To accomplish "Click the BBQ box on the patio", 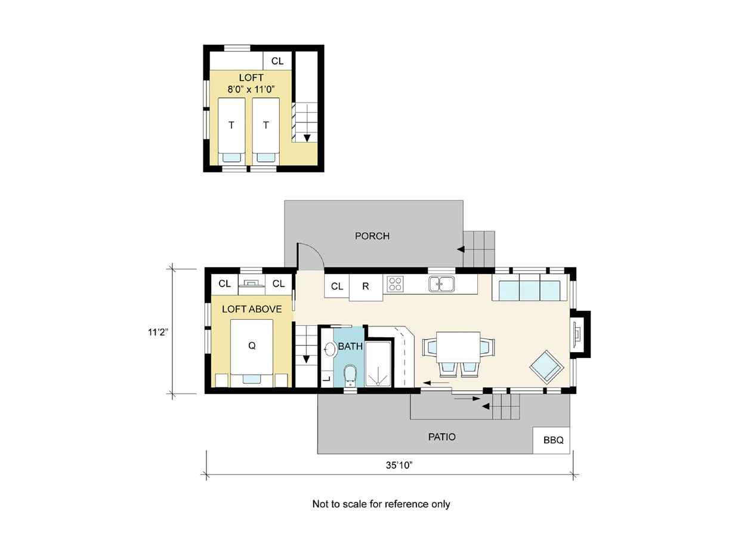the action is coord(551,440).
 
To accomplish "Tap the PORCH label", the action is coord(372,236).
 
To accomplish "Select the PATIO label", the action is coord(442,437).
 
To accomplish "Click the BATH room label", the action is coord(350,347).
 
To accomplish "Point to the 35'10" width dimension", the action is coord(399,465).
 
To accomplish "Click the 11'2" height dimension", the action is coord(158,332).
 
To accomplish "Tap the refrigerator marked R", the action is coord(366,287).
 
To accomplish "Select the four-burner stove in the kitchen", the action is coord(395,284).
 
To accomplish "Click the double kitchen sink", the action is coord(441,284).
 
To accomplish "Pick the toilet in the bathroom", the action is coord(350,375).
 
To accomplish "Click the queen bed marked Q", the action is coord(252,352).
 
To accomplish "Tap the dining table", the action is coord(458,347).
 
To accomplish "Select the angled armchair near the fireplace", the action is coord(546,367).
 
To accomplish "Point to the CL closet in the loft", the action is coord(277,61).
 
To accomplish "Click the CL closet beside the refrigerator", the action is coord(337,286).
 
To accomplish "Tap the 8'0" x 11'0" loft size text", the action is coord(251,90).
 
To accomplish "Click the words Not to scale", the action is coord(339,504).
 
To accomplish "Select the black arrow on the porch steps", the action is coord(461,249).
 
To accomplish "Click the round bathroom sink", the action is coord(330,350).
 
